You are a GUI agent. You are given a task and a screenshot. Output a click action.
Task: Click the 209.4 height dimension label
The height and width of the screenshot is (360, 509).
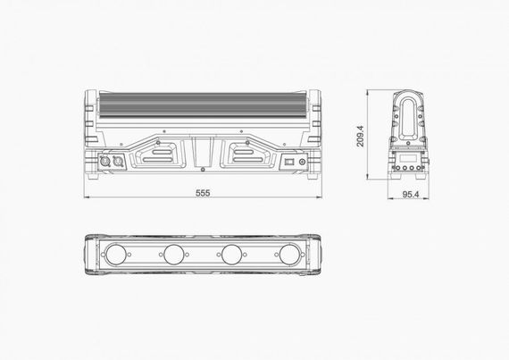tap(359, 137)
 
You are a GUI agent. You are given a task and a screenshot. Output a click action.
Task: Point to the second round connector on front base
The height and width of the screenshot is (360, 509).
tap(114, 163)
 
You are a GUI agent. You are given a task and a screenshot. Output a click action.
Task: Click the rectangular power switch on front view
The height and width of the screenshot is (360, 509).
tap(288, 163)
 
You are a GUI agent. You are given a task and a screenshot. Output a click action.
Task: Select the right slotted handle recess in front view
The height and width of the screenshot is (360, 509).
tap(243, 154)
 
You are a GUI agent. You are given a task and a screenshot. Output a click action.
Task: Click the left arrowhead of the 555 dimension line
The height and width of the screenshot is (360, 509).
tap(88, 198)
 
